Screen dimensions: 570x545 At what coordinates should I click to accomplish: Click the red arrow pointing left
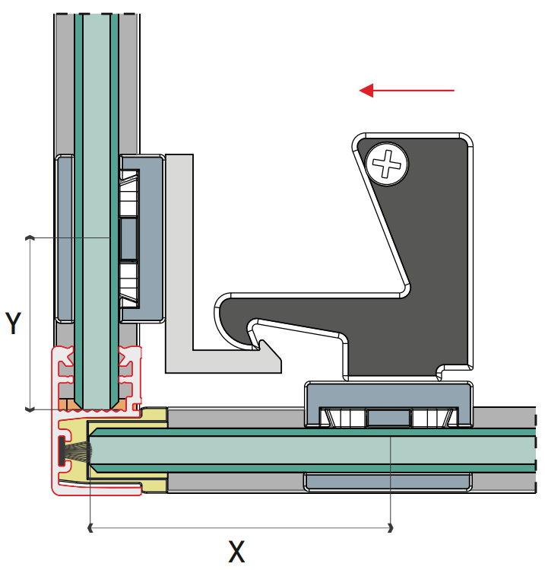406,91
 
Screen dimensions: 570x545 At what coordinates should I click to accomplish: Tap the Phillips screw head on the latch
386,164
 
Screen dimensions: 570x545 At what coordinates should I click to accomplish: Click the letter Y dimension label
13,323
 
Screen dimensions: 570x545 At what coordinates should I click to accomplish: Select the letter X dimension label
237,551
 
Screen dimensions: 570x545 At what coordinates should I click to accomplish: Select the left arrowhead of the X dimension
91,526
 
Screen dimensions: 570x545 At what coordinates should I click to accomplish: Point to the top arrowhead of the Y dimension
30,238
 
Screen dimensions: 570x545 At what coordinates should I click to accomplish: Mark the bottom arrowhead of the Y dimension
30,409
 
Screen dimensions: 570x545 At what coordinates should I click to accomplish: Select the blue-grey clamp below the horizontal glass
388,481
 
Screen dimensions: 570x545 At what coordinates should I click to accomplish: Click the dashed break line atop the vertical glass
97,14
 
